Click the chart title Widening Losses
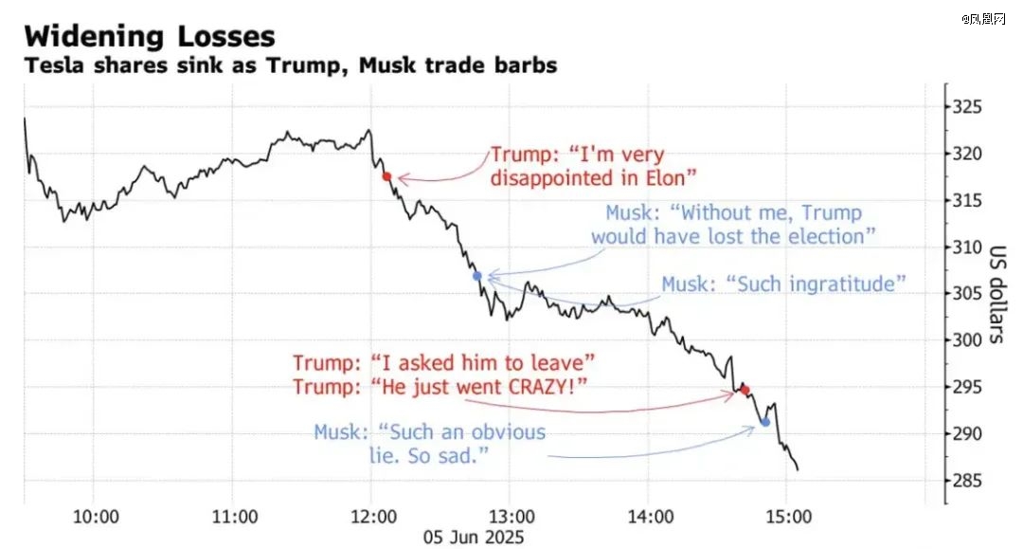click(x=150, y=36)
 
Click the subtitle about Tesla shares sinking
click(x=290, y=66)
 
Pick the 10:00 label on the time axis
click(x=96, y=518)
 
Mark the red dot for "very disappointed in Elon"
click(x=386, y=176)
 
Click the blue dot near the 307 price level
click(x=477, y=276)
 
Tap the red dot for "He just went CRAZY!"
click(x=745, y=390)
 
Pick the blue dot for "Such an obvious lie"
click(x=765, y=422)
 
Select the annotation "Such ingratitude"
click(x=784, y=284)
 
